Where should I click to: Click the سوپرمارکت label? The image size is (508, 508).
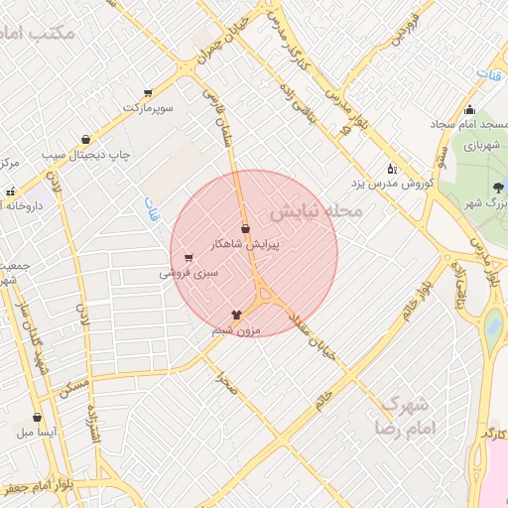[x=149, y=106]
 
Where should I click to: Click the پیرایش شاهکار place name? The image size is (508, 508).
[x=244, y=243]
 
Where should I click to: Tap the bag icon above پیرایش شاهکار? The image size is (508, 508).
[x=244, y=229]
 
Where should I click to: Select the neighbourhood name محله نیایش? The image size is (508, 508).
[x=316, y=212]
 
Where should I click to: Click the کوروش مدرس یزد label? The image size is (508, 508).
[x=391, y=184]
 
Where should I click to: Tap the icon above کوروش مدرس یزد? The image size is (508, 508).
[x=391, y=169]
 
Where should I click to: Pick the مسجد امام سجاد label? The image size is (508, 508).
[x=469, y=125]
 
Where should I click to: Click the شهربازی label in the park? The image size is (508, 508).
[x=470, y=145]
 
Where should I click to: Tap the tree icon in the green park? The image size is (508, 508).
[x=497, y=187]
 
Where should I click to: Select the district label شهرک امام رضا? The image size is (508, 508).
[x=405, y=417]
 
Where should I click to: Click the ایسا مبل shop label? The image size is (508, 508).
[x=38, y=434]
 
